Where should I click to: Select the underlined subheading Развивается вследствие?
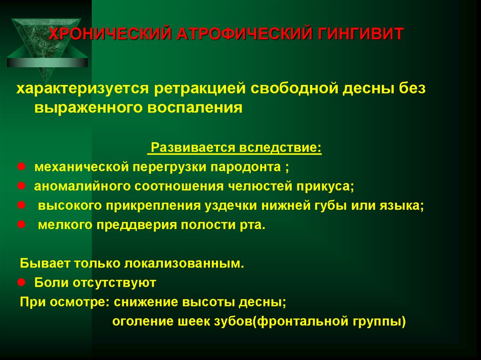click(x=235, y=148)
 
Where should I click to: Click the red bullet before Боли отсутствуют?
click(x=21, y=283)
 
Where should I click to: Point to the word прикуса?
click(x=324, y=186)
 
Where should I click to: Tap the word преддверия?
click(x=135, y=225)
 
